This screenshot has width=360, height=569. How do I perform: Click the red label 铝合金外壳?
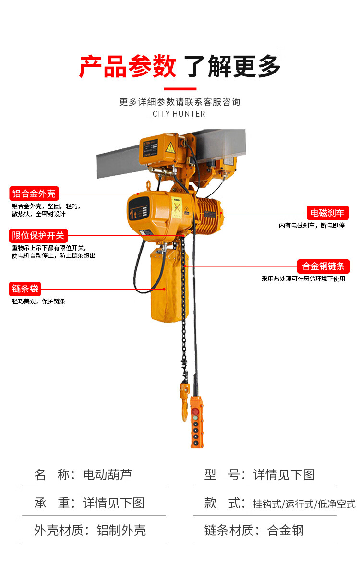pyautogui.click(x=34, y=194)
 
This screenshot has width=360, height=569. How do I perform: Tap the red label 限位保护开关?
pyautogui.click(x=38, y=235)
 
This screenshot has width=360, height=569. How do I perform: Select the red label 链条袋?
pyautogui.click(x=25, y=289)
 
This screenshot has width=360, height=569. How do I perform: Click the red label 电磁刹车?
pyautogui.click(x=327, y=213)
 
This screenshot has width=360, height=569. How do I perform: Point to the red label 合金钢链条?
pyautogui.click(x=324, y=266)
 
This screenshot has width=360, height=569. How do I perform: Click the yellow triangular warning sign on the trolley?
pyautogui.click(x=170, y=147)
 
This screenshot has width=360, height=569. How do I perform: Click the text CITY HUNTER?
pyautogui.click(x=179, y=114)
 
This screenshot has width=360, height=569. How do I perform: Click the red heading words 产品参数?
pyautogui.click(x=128, y=66)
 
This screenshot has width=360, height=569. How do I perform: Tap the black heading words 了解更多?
pyautogui.click(x=232, y=66)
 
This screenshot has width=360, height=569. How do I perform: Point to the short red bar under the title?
pyautogui.click(x=180, y=88)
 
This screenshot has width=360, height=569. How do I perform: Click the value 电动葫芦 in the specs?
pyautogui.click(x=108, y=474)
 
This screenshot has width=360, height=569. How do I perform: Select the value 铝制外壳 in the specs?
pyautogui.click(x=121, y=530)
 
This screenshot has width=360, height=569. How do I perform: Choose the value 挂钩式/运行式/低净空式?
pyautogui.click(x=304, y=504)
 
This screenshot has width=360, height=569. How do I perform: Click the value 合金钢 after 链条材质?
pyautogui.click(x=286, y=530)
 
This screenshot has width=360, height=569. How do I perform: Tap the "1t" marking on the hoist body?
pyautogui.click(x=133, y=214)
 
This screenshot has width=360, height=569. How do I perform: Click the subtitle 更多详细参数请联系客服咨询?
pyautogui.click(x=180, y=102)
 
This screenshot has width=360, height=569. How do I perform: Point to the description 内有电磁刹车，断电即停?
pyautogui.click(x=312, y=225)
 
